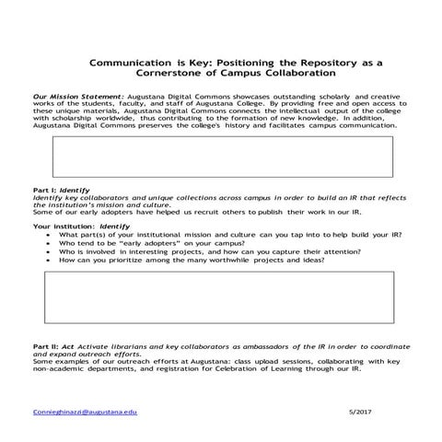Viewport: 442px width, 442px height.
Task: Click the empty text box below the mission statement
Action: coord(222,157)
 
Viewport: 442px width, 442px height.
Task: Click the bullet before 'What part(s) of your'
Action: coord(47,235)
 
